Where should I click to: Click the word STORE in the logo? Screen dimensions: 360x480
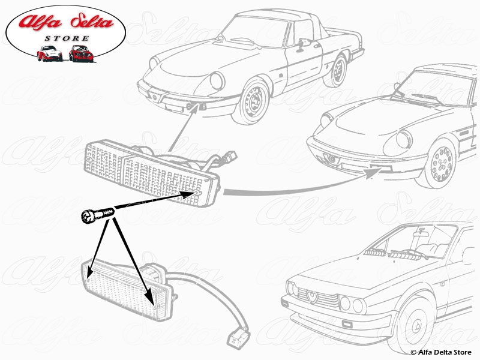pyautogui.click(x=65, y=38)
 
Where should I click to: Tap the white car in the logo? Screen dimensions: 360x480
pyautogui.click(x=49, y=53)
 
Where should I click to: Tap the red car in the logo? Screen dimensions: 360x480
pyautogui.click(x=80, y=53)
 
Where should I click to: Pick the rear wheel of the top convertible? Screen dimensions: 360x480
pyautogui.click(x=336, y=70)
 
